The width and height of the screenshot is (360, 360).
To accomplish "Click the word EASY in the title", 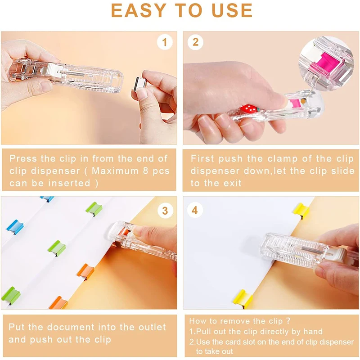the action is coord(139,10).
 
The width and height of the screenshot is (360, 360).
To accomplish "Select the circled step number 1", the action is coord(165,42).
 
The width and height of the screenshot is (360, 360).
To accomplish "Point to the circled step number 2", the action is coord(195,42).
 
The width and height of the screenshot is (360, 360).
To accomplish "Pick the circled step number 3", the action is coord(165,211).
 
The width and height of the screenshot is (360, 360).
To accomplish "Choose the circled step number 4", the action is coord(195,210).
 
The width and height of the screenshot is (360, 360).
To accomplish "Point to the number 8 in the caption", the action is coord(146,171).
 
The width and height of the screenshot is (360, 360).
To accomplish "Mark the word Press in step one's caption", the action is coord(23,159).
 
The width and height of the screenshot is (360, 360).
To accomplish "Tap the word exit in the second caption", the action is coord(232,183).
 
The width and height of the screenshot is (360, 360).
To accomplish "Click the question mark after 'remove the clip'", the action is coord(288,321).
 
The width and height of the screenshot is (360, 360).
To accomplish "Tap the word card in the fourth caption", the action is coord(234,342).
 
